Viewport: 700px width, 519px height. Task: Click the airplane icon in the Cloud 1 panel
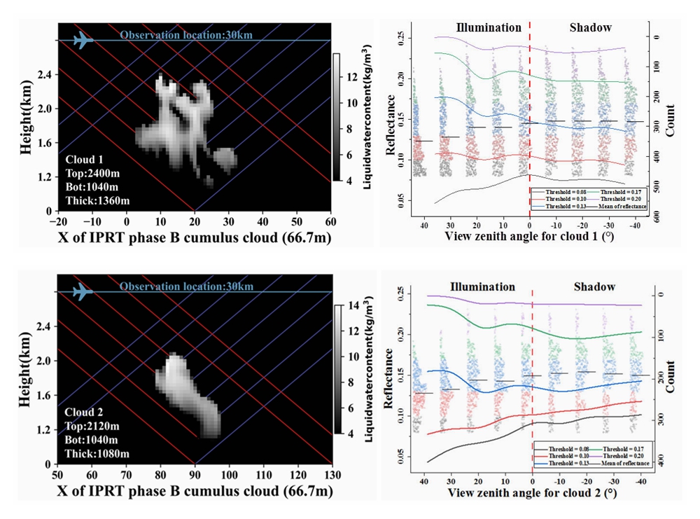(83, 40)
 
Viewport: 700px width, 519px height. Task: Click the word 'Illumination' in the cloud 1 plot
(489, 28)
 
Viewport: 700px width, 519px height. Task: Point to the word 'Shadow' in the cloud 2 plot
(594, 286)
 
